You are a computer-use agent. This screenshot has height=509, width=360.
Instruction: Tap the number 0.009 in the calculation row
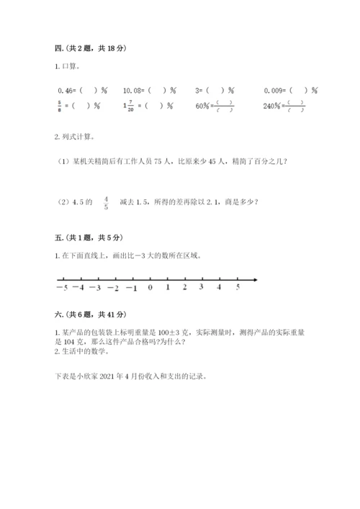pyautogui.click(x=274, y=91)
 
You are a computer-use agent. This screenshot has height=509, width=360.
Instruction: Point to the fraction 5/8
pyautogui.click(x=59, y=105)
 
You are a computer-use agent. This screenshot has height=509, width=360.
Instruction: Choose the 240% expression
pyautogui.click(x=271, y=106)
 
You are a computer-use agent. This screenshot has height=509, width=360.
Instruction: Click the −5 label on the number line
pyautogui.click(x=60, y=289)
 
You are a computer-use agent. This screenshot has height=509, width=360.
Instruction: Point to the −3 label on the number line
pyautogui.click(x=95, y=289)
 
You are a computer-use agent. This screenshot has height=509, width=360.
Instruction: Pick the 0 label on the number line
pyautogui.click(x=150, y=288)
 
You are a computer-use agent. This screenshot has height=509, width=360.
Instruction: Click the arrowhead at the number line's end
pyautogui.click(x=257, y=279)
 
